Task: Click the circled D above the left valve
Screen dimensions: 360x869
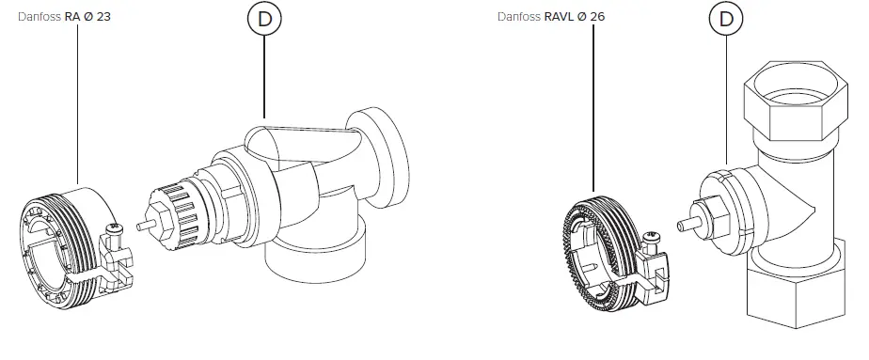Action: click(x=264, y=19)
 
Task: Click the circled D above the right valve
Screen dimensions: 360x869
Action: click(x=726, y=19)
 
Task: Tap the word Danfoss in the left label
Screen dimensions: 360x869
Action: click(x=39, y=17)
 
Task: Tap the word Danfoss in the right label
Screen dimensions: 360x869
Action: click(x=522, y=17)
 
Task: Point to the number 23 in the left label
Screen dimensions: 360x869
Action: click(x=103, y=17)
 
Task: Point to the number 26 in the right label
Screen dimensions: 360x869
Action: click(x=598, y=17)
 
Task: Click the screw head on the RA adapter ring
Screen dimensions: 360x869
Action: click(x=115, y=228)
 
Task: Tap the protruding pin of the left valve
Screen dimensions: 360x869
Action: click(x=142, y=226)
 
